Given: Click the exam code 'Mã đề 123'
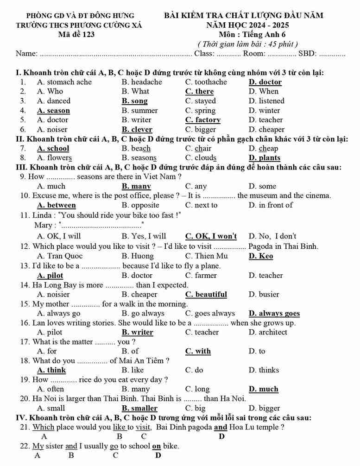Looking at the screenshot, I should [x=76, y=34].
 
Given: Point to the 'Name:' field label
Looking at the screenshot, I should [x=26, y=54].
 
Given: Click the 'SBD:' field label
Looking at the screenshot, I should [x=308, y=54].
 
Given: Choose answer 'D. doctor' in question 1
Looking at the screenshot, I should [x=265, y=82].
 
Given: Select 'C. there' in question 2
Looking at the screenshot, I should [x=199, y=91].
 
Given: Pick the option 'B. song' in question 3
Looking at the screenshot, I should [x=134, y=101].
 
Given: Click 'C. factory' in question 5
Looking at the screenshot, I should [x=202, y=120].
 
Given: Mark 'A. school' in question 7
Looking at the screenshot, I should [x=53, y=149].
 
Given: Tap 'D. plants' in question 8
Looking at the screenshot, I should [x=264, y=158].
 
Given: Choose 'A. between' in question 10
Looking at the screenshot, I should [x=56, y=205].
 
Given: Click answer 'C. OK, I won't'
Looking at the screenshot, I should [x=211, y=236].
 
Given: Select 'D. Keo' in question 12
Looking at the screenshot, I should [x=261, y=256].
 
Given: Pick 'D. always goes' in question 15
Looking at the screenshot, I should [x=274, y=314].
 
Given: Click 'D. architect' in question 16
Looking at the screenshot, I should [x=267, y=332].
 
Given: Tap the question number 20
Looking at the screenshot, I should [x=25, y=398].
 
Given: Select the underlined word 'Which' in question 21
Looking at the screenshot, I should [x=44, y=427].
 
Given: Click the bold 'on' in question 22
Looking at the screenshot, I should [x=157, y=446].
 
